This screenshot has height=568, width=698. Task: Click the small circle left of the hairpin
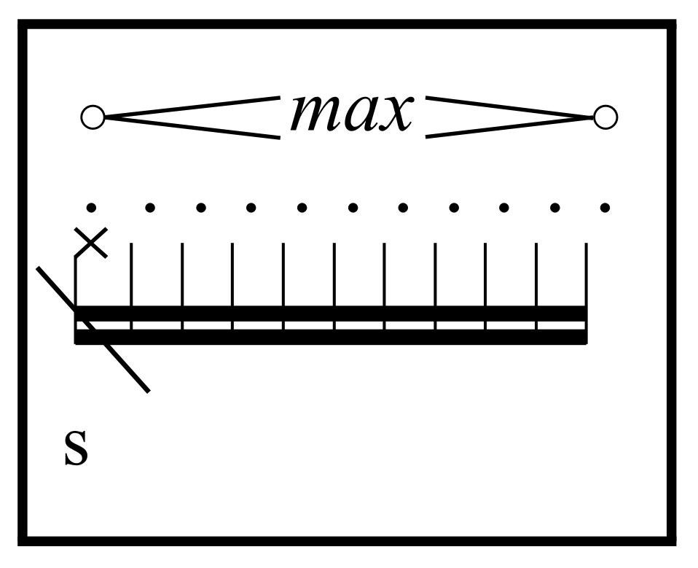click(x=93, y=117)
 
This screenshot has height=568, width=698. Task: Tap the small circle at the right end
click(x=605, y=117)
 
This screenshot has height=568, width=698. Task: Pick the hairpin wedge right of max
click(x=510, y=117)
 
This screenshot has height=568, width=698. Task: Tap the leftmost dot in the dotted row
click(x=91, y=208)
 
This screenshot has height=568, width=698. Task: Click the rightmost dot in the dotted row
click(x=605, y=208)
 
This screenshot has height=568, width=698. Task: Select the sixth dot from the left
click(x=353, y=208)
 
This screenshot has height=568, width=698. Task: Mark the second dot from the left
click(x=150, y=208)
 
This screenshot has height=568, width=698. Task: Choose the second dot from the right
click(x=554, y=208)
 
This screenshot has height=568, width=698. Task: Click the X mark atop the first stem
click(x=92, y=242)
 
